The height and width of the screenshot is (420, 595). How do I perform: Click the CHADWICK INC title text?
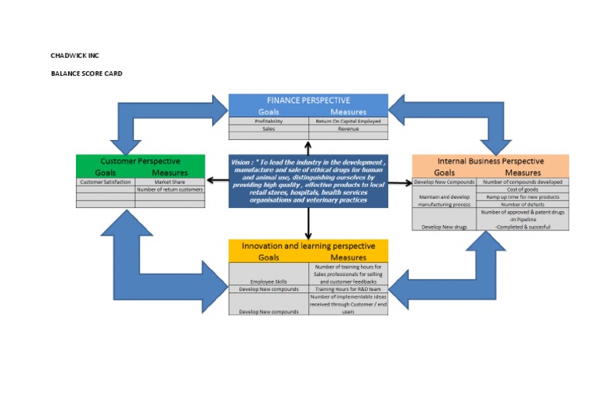coord(75,56)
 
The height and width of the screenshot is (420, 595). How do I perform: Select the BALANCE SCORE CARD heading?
coord(86,73)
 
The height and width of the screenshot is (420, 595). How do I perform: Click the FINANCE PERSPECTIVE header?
coord(308,101)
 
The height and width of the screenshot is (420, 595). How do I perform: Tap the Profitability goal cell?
coord(269,121)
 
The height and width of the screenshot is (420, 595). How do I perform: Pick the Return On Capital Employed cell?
coord(348,121)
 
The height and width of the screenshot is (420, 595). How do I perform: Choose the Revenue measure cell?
coord(348,129)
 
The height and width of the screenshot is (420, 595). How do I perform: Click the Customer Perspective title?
coord(140,161)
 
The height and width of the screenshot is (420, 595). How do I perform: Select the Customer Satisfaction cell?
coord(105,182)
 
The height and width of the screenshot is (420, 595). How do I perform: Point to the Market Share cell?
coord(170,182)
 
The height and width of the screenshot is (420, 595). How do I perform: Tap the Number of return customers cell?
coord(170,190)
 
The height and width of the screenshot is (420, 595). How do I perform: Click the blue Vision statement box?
coord(308,181)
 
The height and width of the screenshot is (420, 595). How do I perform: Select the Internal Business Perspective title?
coord(490,161)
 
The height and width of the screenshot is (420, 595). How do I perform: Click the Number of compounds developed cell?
coord(523,182)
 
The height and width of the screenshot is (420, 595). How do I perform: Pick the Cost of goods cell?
coord(523,190)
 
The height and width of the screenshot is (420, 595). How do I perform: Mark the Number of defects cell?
coord(523,204)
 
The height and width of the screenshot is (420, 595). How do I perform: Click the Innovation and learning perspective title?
coord(308,246)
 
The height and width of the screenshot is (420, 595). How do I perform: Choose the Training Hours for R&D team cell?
coord(348,289)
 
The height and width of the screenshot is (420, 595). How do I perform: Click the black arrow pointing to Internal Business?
coord(400,183)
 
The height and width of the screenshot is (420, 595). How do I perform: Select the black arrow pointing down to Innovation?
coord(308,224)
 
